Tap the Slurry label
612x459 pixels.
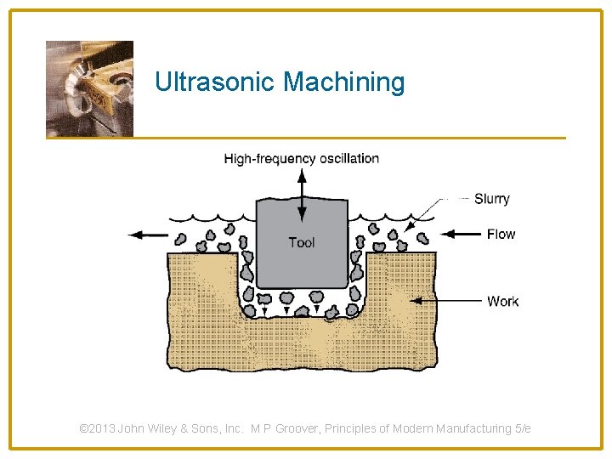491,199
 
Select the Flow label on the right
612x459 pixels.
501,234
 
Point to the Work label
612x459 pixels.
502,301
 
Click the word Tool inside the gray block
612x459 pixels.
301,242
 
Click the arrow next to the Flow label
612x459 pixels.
462,234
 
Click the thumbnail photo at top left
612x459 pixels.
89,88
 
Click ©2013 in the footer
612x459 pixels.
97,428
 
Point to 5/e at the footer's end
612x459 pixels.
522,428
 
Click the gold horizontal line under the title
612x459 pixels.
340,138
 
